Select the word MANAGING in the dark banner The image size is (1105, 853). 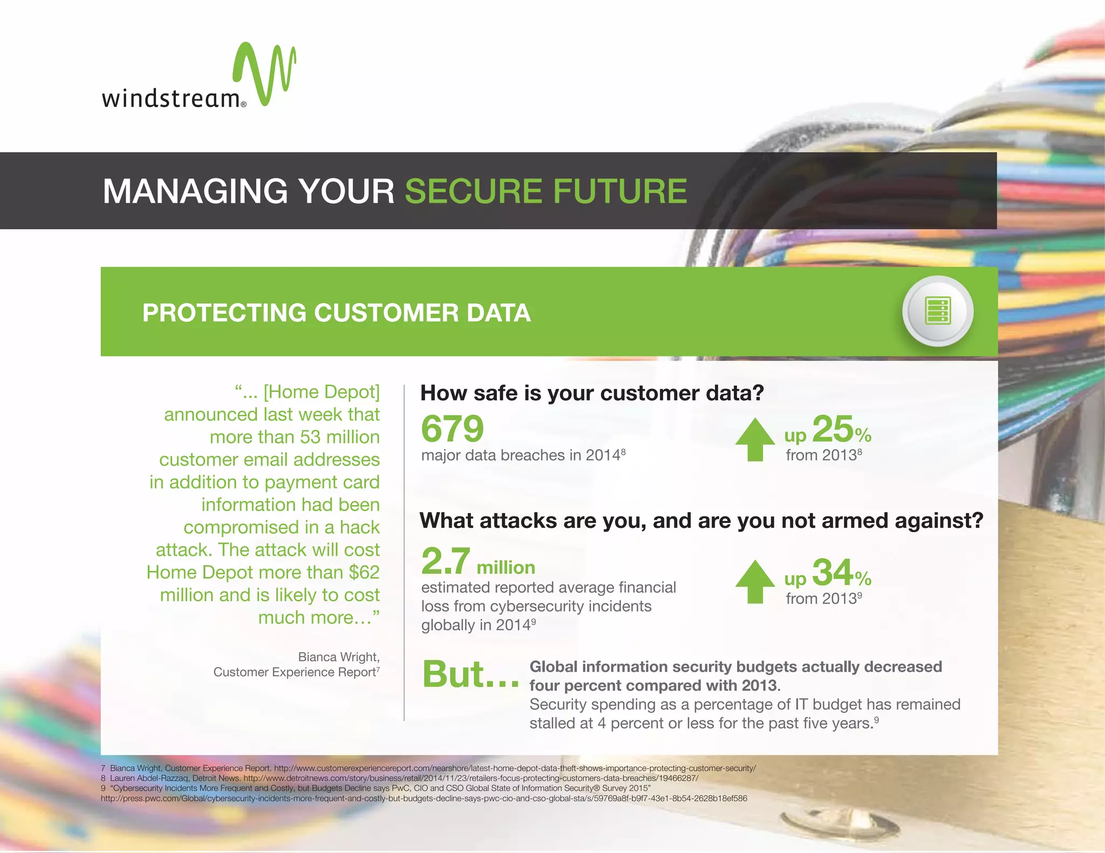[195, 191]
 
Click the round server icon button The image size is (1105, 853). [938, 311]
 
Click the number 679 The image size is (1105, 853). [452, 429]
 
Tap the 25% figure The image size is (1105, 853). [840, 430]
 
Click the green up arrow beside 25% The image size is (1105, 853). [755, 439]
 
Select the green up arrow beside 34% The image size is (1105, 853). [755, 581]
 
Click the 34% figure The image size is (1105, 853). [840, 573]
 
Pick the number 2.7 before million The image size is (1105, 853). [446, 561]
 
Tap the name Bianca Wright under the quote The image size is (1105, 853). [339, 657]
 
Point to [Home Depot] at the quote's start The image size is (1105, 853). [322, 392]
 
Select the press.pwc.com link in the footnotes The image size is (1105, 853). [424, 798]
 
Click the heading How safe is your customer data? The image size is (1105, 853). [592, 393]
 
